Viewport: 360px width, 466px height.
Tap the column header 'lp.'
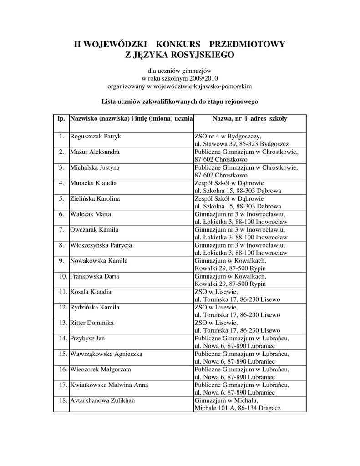(x=61, y=119)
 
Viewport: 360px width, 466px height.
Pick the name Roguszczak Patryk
(x=95, y=136)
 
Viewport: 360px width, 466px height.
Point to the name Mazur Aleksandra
(x=95, y=152)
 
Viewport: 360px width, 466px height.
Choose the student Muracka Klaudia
(x=93, y=183)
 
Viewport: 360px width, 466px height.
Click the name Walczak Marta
(x=91, y=214)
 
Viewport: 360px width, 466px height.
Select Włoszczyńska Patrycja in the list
(x=101, y=245)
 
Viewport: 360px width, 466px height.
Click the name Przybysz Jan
(x=87, y=338)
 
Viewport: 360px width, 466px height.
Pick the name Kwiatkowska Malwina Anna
(x=109, y=385)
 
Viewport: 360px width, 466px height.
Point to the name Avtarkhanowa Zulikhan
(x=102, y=400)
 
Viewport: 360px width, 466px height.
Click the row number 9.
(x=61, y=261)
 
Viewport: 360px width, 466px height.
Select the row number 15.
(x=61, y=354)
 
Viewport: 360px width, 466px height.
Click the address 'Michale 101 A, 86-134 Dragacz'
(x=237, y=408)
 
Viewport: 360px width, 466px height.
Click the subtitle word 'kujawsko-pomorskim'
(x=223, y=86)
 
